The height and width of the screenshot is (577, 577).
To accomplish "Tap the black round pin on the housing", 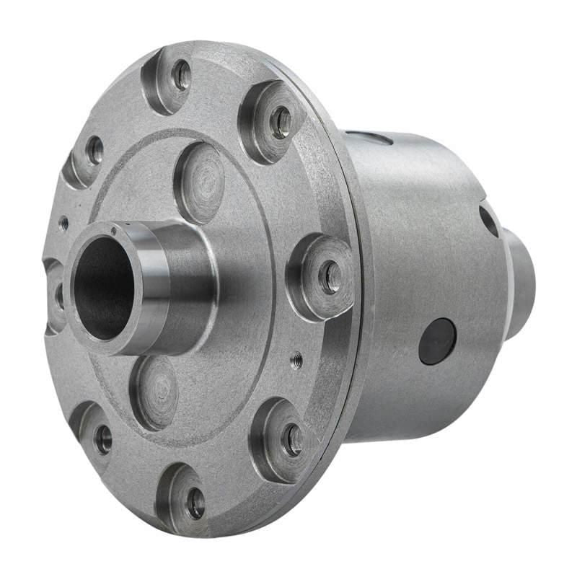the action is pyautogui.click(x=438, y=341).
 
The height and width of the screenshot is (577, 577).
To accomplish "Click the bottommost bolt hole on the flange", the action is pyautogui.click(x=195, y=503).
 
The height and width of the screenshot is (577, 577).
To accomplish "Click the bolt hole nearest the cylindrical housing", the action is pyautogui.click(x=331, y=276).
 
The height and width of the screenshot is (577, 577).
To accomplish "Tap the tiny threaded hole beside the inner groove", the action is pyautogui.click(x=296, y=360).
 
